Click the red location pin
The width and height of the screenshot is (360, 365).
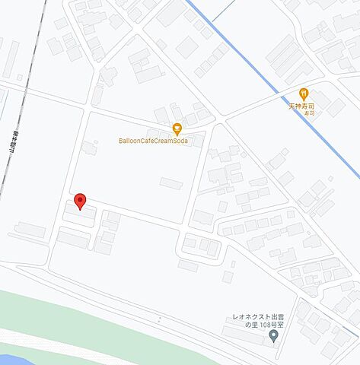click(80, 202)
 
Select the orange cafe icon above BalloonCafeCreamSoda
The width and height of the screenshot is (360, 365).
click(177, 128)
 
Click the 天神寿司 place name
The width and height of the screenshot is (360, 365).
click(305, 105)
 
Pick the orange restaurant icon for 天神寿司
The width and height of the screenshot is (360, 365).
click(304, 94)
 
